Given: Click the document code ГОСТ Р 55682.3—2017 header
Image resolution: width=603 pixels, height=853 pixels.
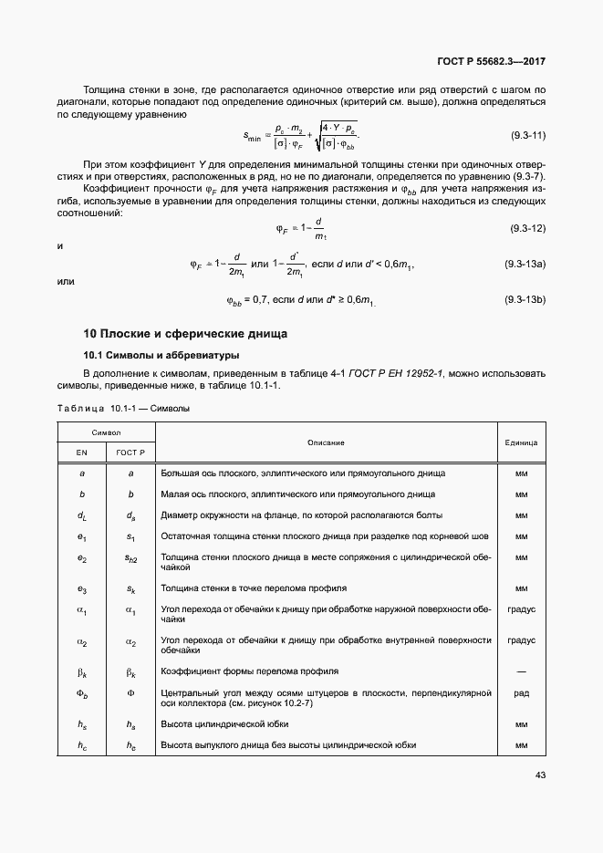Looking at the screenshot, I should (493, 62).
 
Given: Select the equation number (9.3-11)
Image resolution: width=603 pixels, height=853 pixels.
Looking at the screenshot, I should (526, 136).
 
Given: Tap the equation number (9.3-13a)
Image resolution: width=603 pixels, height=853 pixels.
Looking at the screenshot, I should (525, 264).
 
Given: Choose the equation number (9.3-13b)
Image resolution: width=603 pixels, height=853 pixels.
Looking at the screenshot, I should (525, 299).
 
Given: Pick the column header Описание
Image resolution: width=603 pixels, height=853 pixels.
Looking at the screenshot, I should (326, 442).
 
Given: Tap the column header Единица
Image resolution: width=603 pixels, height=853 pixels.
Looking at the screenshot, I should (521, 442).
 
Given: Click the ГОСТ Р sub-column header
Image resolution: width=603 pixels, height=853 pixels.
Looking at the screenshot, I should (130, 453).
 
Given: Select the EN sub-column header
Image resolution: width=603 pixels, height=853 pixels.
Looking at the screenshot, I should (81, 453).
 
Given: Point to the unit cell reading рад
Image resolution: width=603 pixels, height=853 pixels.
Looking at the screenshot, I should (521, 692).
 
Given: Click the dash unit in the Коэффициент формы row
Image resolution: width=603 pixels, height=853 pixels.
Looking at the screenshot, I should (521, 671).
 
